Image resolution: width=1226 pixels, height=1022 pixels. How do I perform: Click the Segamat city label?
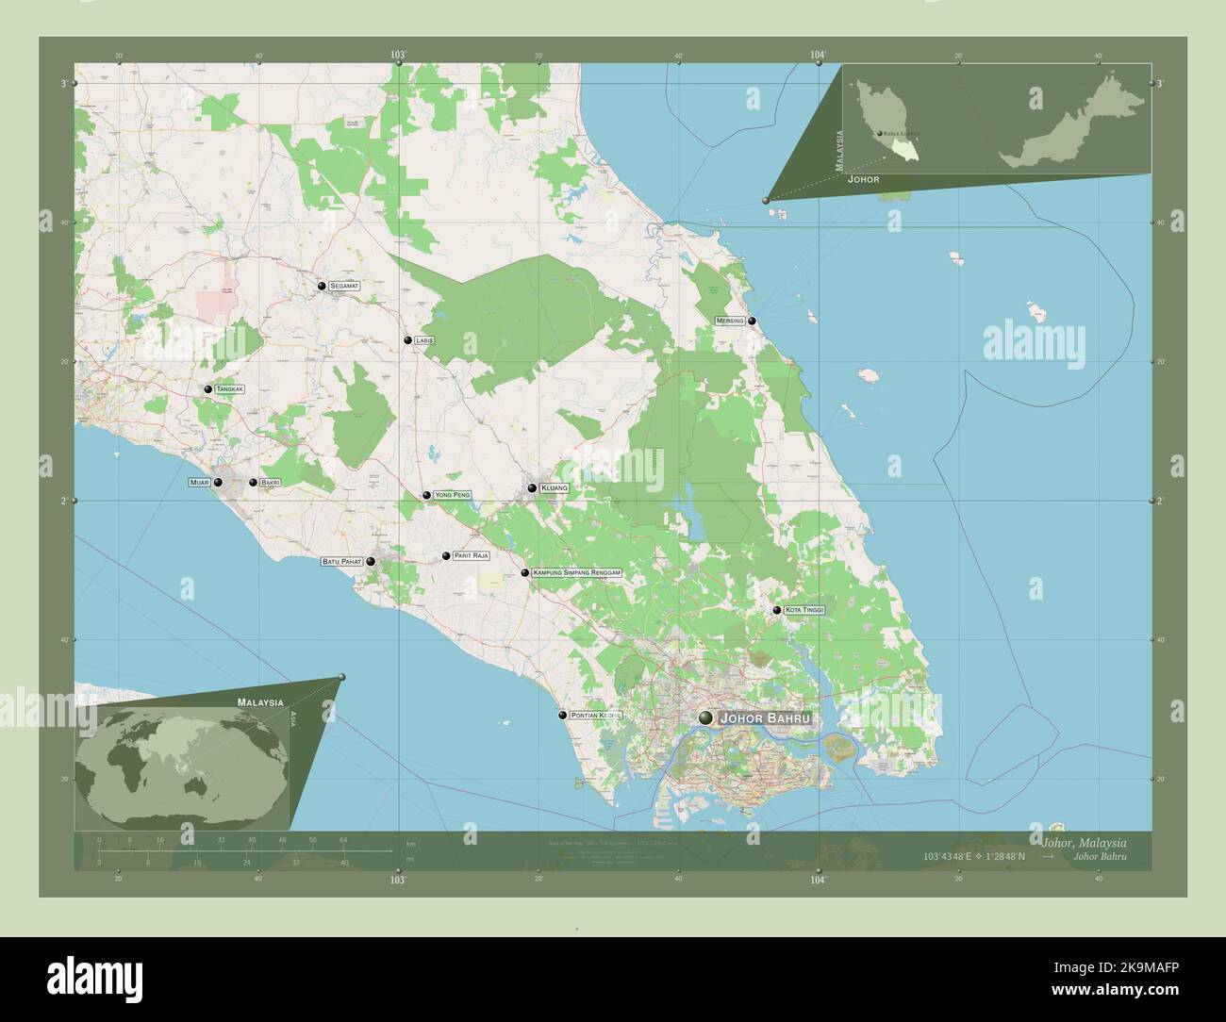pos(344,285)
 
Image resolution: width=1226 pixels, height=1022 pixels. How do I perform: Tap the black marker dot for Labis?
pos(407,339)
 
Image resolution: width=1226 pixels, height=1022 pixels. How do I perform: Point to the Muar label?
pos(199,483)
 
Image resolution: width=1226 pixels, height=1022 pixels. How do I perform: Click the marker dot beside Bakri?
pos(253,483)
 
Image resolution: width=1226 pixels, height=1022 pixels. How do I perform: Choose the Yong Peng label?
pos(452,495)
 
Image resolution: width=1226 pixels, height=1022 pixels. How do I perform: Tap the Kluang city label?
pos(555,488)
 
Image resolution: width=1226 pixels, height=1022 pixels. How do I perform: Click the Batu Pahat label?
pos(341,562)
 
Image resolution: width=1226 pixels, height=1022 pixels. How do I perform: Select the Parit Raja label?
pos(471,556)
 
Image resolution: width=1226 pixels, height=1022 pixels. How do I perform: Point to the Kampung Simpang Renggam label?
pos(578,572)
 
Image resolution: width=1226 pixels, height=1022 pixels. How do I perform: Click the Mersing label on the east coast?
pos(730,321)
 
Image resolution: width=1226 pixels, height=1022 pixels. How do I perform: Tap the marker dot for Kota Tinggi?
pos(777,610)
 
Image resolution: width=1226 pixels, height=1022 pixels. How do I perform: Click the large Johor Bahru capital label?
pos(765,718)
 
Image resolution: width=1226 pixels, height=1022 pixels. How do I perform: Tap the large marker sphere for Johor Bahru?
pos(705,718)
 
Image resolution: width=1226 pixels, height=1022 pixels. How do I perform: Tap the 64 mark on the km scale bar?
pos(344,839)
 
